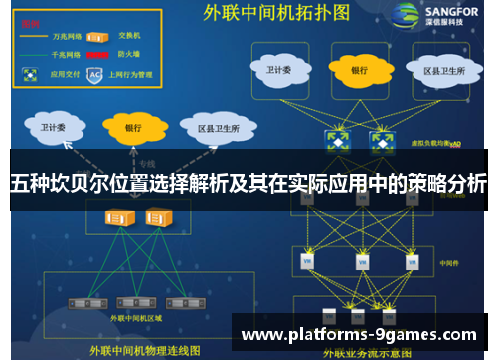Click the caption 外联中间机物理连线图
click(x=144, y=350)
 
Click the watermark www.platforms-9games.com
click(x=360, y=333)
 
